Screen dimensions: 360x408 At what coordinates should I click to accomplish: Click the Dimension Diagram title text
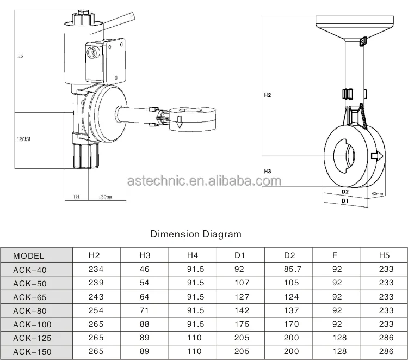tap(195, 235)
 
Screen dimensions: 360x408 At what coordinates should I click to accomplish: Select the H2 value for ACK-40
tap(96, 269)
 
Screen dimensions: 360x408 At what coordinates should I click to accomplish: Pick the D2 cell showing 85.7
tap(292, 269)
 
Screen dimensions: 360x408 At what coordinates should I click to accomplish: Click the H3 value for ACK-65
tap(144, 297)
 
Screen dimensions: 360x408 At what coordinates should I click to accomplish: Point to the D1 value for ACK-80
tap(242, 311)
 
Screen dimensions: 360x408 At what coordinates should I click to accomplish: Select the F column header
tap(337, 255)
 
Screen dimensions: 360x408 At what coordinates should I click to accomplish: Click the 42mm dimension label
tap(376, 193)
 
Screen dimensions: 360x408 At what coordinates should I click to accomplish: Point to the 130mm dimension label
tap(104, 197)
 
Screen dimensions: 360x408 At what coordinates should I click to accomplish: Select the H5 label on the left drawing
tap(21, 56)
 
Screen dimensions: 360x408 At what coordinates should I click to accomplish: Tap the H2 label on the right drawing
tap(268, 95)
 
